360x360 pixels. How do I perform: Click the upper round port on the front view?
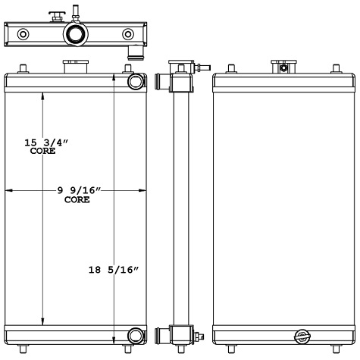tap(136, 81)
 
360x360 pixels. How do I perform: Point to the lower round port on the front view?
tap(136, 336)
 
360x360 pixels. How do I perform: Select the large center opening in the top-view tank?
tap(76, 34)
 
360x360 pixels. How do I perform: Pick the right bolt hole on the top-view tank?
tap(127, 34)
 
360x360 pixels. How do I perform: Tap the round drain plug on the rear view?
tap(302, 337)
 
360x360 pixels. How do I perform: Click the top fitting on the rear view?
tap(283, 67)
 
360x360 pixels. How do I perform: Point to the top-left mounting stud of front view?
tap(23, 69)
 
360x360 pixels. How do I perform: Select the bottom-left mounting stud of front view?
tap(23, 349)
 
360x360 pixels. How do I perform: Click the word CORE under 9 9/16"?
tap(77, 200)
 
